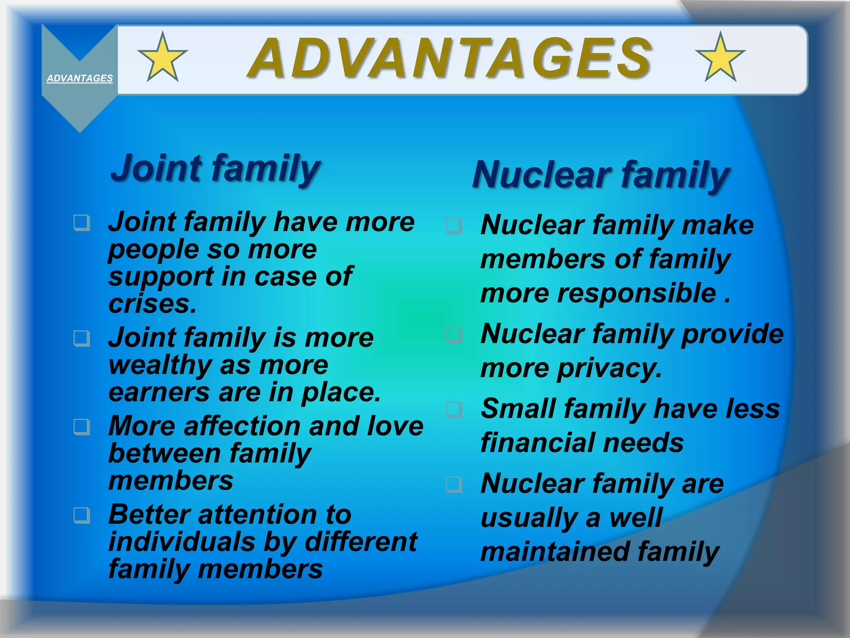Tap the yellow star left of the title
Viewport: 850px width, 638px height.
tap(162, 58)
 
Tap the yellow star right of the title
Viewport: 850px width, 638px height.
tap(721, 58)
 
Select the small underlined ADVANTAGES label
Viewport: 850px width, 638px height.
tap(80, 78)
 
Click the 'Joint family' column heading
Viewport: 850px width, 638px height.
tap(215, 169)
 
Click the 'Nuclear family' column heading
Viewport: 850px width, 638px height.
tap(601, 175)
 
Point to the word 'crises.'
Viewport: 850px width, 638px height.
tap(152, 304)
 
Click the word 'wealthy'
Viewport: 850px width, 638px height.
tap(160, 366)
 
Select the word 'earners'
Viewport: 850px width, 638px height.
tap(159, 393)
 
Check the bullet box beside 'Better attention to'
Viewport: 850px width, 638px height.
tap(82, 515)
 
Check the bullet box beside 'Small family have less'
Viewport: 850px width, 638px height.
tap(454, 409)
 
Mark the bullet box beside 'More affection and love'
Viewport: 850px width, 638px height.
tap(82, 427)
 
